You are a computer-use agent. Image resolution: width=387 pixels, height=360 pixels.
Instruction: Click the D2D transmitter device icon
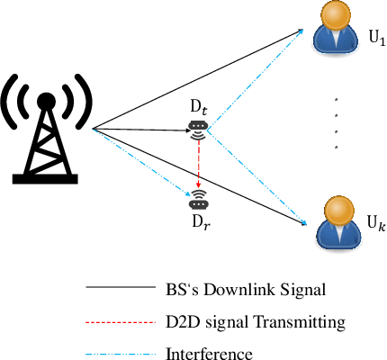[x=197, y=131]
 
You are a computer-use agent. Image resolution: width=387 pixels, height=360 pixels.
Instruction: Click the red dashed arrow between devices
[x=197, y=162]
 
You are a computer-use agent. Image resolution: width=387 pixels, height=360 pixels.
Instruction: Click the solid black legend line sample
[x=121, y=289]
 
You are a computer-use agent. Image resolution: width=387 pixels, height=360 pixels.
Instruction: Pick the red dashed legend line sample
[x=121, y=320]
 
